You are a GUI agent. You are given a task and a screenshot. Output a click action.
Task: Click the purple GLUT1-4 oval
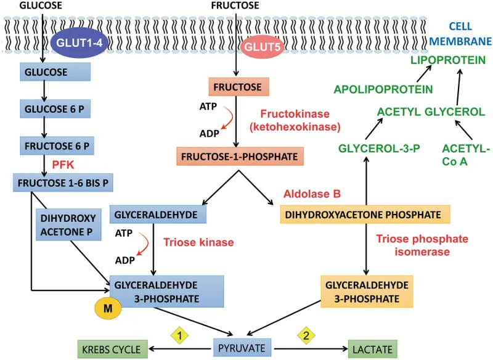point(74,43)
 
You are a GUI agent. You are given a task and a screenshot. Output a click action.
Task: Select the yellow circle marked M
point(107,308)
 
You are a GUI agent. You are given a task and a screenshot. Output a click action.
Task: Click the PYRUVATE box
point(242,348)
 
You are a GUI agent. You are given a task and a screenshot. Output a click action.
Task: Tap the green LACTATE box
point(372,350)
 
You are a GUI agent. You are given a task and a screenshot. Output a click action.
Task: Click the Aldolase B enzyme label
point(312,194)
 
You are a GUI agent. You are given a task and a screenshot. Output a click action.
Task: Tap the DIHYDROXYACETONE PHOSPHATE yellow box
point(365,215)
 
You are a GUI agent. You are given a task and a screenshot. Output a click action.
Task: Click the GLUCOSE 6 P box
point(55,109)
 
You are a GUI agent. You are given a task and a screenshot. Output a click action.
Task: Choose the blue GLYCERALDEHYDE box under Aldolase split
point(157,215)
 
